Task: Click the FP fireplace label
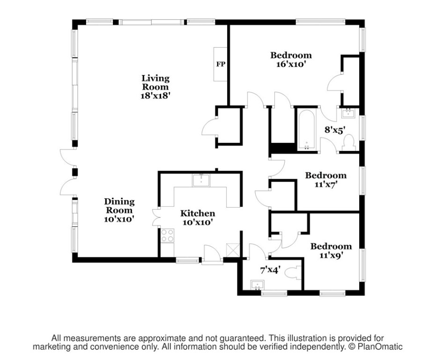220,64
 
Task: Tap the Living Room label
155,82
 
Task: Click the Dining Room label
119,206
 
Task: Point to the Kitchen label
198,213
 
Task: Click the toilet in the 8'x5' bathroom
349,143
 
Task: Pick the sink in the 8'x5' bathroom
348,112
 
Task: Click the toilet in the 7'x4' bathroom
294,273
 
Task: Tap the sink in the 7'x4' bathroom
257,285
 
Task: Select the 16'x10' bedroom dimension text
291,64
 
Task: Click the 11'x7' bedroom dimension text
326,184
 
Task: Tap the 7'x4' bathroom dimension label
270,270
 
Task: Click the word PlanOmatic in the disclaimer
380,347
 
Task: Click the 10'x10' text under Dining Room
119,218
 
